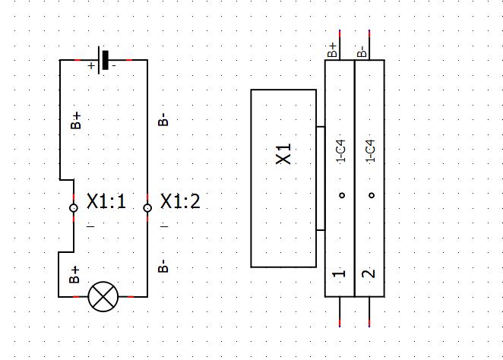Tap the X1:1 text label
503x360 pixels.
click(x=106, y=202)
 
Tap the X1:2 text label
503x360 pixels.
click(x=180, y=202)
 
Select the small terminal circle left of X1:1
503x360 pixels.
click(x=74, y=207)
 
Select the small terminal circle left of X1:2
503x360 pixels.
click(x=147, y=207)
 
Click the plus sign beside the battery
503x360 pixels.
click(x=91, y=66)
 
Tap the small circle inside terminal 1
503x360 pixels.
click(x=341, y=195)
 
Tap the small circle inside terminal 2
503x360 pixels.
click(x=371, y=195)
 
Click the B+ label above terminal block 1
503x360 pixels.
click(x=333, y=50)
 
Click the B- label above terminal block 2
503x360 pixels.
click(x=362, y=50)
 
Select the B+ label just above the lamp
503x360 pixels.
click(x=75, y=274)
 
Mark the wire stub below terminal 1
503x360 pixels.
click(x=340, y=311)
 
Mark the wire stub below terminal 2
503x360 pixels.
click(x=369, y=311)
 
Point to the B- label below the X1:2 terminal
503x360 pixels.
click(x=163, y=267)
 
